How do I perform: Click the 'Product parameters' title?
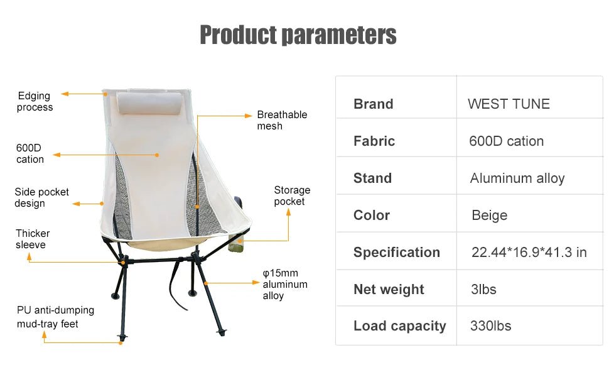(x=298, y=35)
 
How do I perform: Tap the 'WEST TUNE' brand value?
(x=509, y=104)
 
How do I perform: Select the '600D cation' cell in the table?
(x=506, y=141)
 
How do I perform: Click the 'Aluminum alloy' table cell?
(x=517, y=178)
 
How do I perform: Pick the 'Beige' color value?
(x=489, y=215)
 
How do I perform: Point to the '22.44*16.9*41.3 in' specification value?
(x=529, y=252)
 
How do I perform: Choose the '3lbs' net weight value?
(x=483, y=289)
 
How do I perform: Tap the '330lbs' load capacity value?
(x=490, y=325)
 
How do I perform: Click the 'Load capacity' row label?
(x=399, y=325)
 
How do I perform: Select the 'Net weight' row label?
(x=389, y=289)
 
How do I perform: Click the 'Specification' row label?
(x=396, y=252)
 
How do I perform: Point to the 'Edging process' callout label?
(x=35, y=101)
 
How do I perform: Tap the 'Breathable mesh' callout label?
(x=282, y=120)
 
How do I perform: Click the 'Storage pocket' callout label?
(x=292, y=195)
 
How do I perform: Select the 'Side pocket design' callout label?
(x=41, y=197)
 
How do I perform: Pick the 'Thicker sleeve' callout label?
(x=33, y=239)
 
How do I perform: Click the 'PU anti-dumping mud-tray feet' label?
(x=55, y=317)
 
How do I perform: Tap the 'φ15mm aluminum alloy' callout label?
(x=284, y=284)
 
